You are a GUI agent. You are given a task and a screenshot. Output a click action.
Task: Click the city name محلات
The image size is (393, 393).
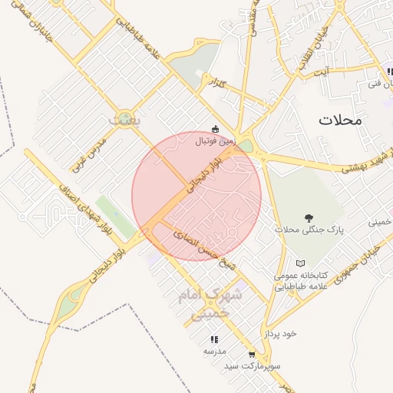click(x=343, y=120)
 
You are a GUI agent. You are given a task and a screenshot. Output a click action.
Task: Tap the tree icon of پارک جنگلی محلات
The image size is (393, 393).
click(x=309, y=219)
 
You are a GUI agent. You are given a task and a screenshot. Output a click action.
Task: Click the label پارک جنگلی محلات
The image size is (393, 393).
click(x=309, y=230)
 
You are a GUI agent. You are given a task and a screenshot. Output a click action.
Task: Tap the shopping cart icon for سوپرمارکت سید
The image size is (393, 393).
click(x=252, y=355)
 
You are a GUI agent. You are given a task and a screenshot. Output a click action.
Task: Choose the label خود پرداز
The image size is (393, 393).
click(x=280, y=334)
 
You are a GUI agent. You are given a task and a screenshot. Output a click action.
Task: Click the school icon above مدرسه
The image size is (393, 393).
click(x=214, y=339)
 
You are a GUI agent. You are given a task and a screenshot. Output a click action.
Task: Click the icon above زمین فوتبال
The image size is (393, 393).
click(x=215, y=129)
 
